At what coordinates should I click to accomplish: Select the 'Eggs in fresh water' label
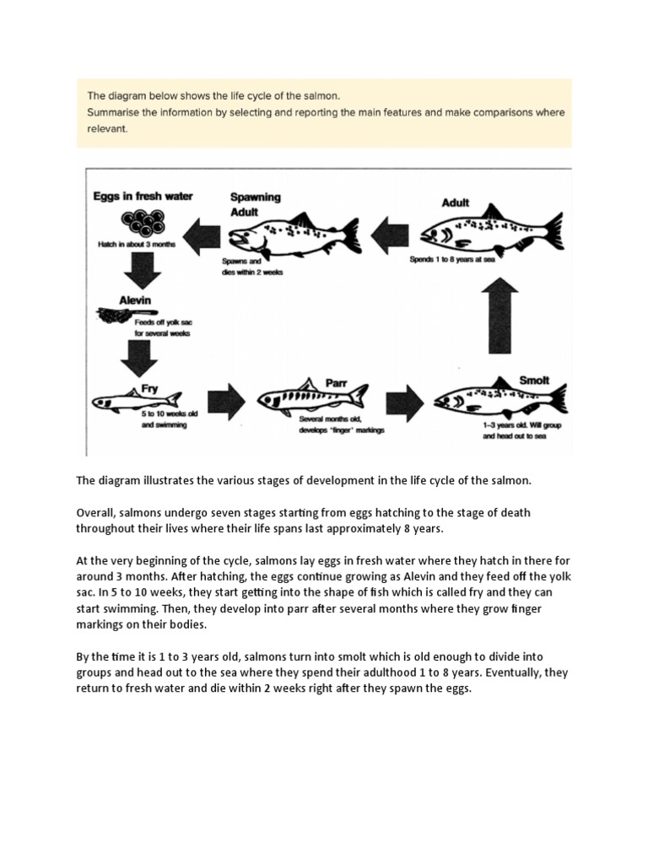143,197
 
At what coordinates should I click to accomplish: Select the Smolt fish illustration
498,396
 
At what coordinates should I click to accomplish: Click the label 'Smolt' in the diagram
535,380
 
